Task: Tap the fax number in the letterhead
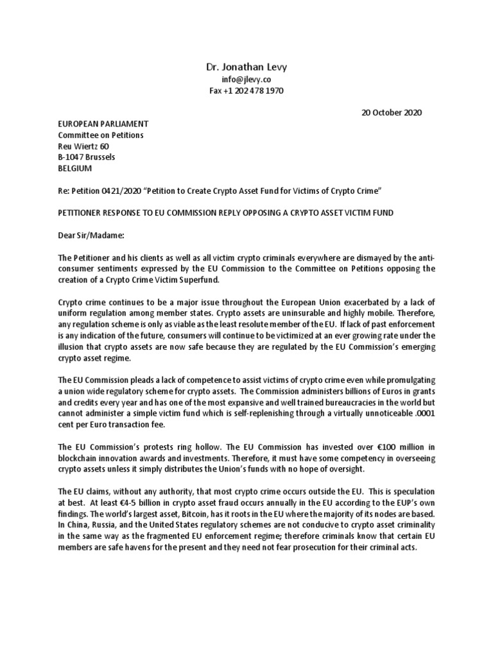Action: tap(246, 91)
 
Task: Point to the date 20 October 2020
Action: tap(391, 112)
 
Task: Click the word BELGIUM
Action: tap(75, 168)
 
